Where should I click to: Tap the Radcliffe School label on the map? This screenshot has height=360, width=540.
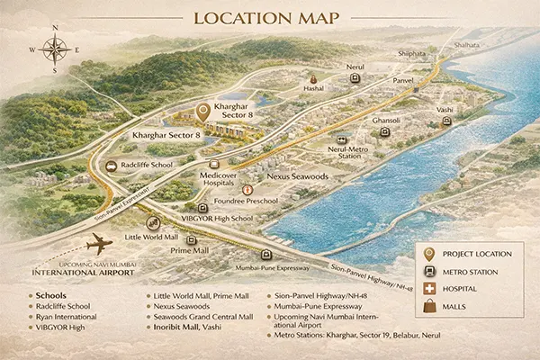point(150,166)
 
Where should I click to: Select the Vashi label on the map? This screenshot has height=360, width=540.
point(445,109)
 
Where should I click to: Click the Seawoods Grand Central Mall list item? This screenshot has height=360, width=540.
point(202,317)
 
